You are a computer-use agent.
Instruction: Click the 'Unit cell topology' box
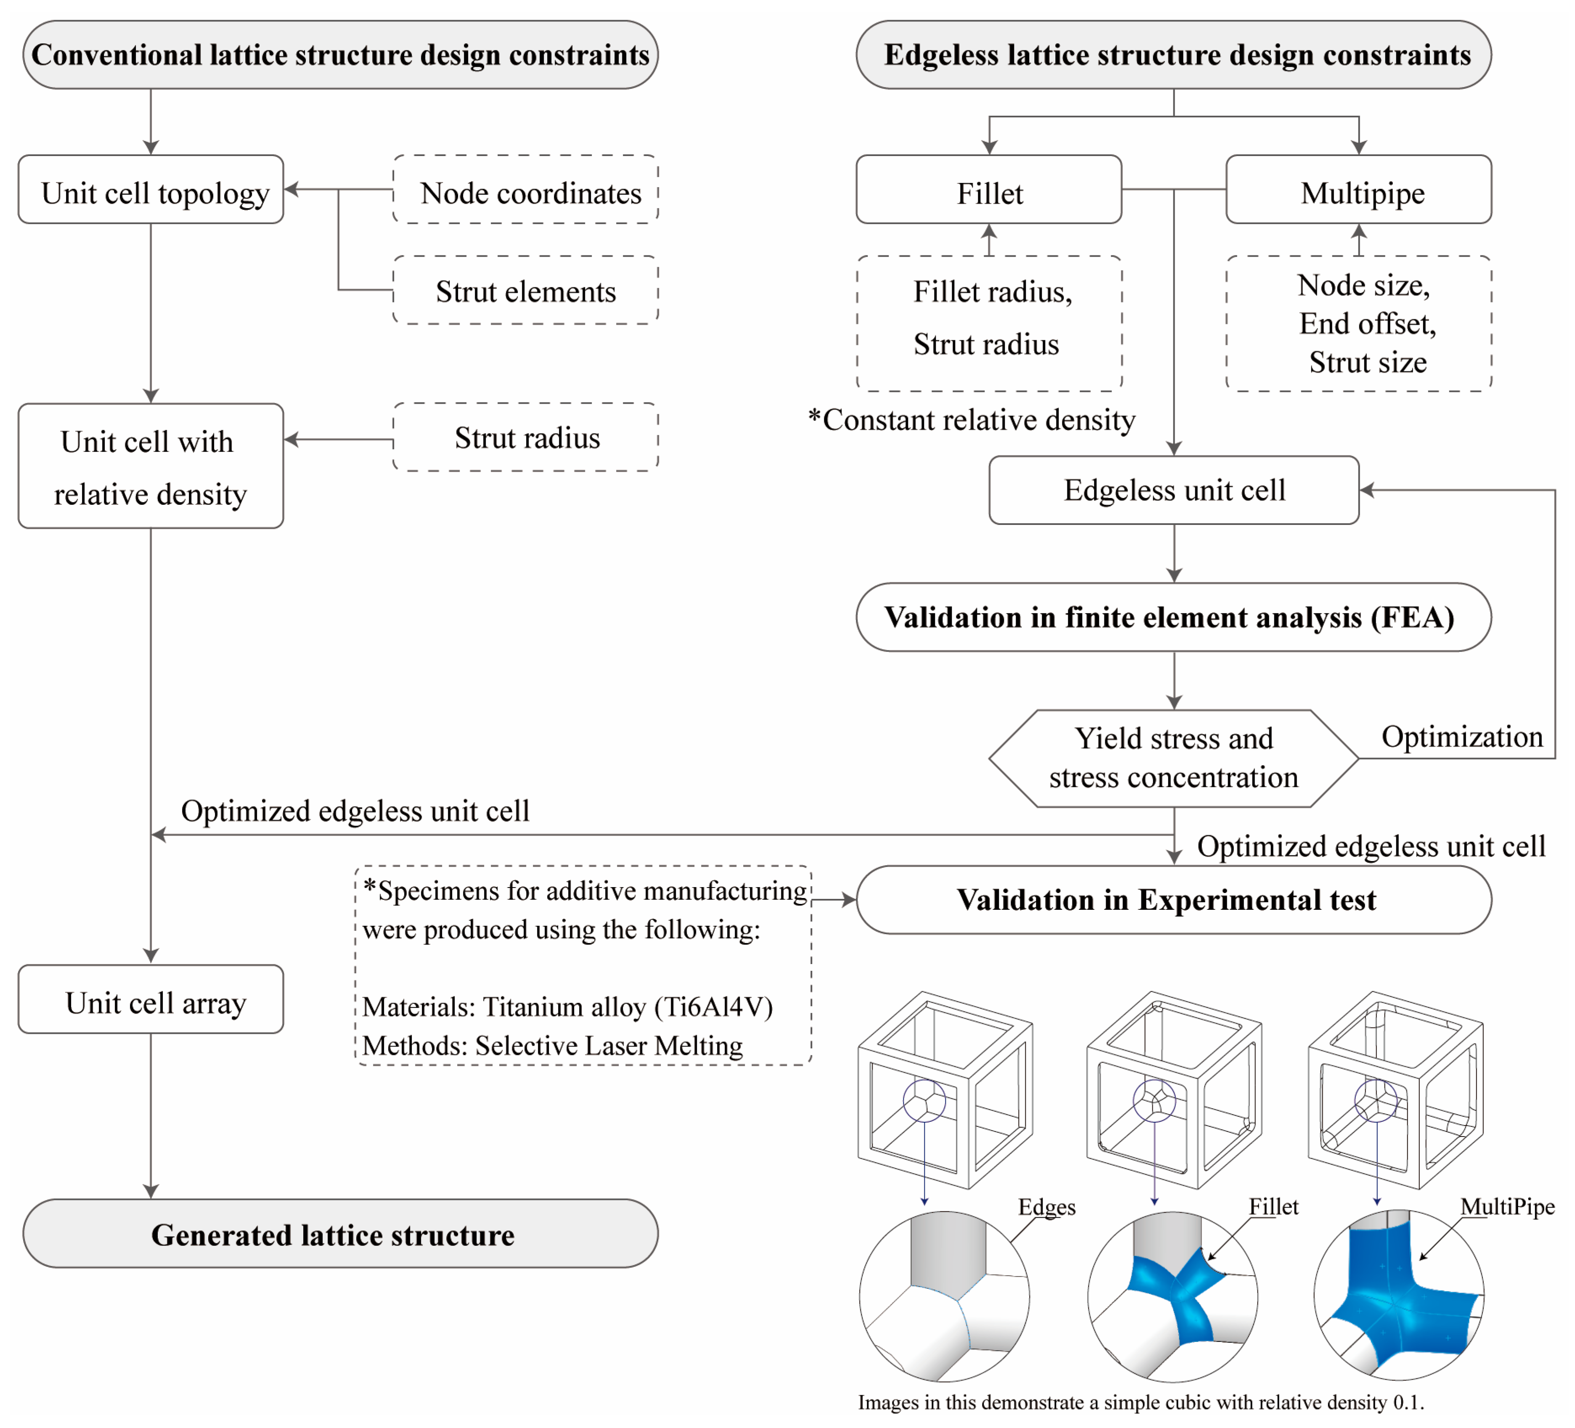(151, 190)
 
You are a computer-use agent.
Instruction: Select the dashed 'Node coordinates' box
(526, 190)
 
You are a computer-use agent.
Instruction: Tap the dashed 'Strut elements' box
(526, 291)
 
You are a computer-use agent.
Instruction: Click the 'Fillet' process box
(989, 190)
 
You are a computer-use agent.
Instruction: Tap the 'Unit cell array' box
(151, 1000)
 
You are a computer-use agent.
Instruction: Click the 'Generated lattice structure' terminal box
(341, 1234)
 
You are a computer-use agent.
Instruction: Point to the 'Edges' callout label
(1047, 1207)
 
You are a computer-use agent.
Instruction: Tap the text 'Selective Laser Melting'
(609, 1045)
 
